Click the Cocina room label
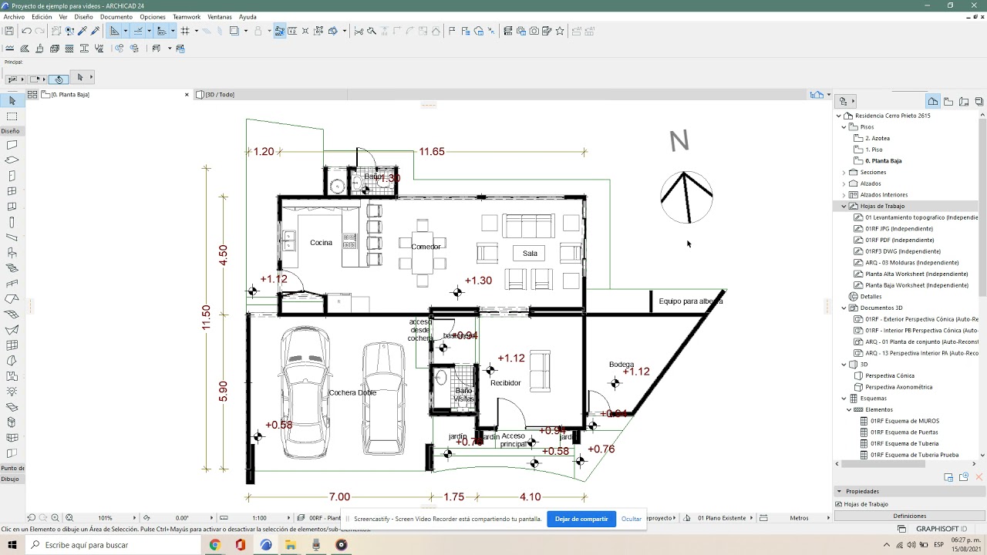coord(321,243)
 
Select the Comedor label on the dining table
coord(426,247)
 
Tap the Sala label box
coord(530,254)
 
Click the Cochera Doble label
coord(352,393)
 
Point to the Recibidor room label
coord(505,383)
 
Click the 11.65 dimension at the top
coord(431,152)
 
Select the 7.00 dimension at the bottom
coord(339,497)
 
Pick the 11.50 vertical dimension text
coord(206,318)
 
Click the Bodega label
coord(622,365)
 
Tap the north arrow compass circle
coord(686,197)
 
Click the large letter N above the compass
coord(679,142)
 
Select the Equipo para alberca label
coord(690,301)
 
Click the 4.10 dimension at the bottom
coord(530,497)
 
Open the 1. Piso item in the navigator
coord(874,150)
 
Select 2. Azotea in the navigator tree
coord(878,139)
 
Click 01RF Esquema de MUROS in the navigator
coord(904,421)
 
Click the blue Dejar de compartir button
coord(581,519)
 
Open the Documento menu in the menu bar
coord(116,17)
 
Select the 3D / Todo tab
coord(220,95)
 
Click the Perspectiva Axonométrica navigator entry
coord(898,387)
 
